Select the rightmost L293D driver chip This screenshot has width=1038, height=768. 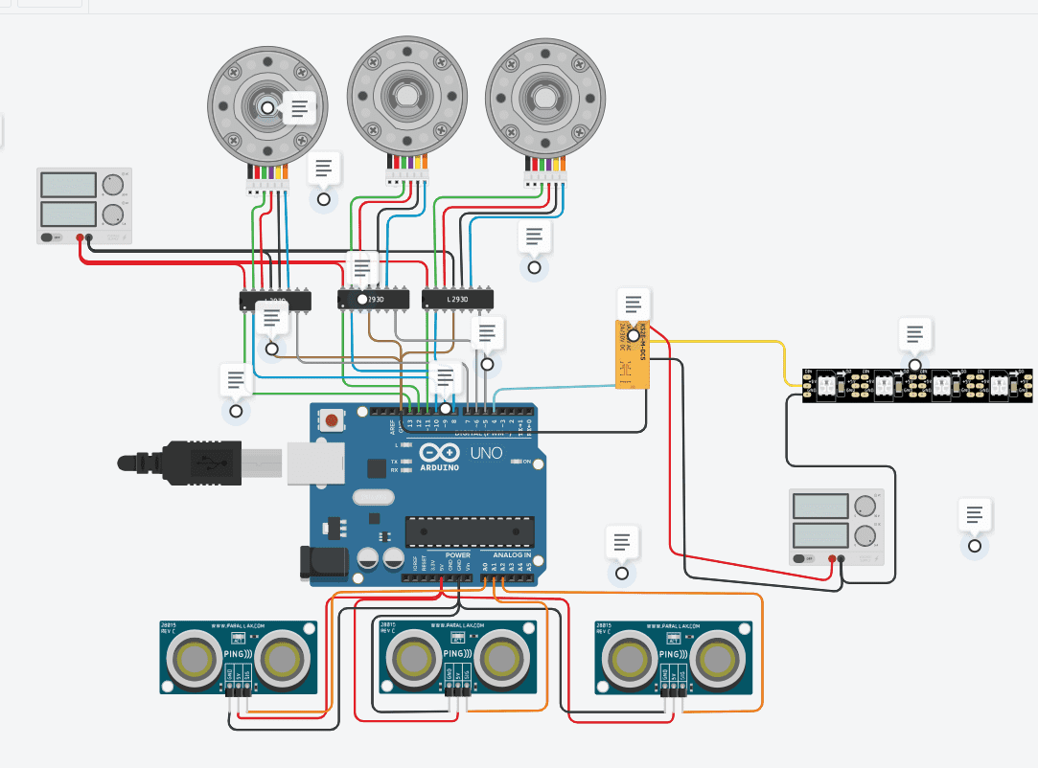[458, 300]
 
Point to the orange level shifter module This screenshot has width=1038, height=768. [633, 355]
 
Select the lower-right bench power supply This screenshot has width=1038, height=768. [835, 526]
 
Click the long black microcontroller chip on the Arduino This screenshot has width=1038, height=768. [469, 531]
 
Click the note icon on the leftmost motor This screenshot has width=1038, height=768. [300, 108]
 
